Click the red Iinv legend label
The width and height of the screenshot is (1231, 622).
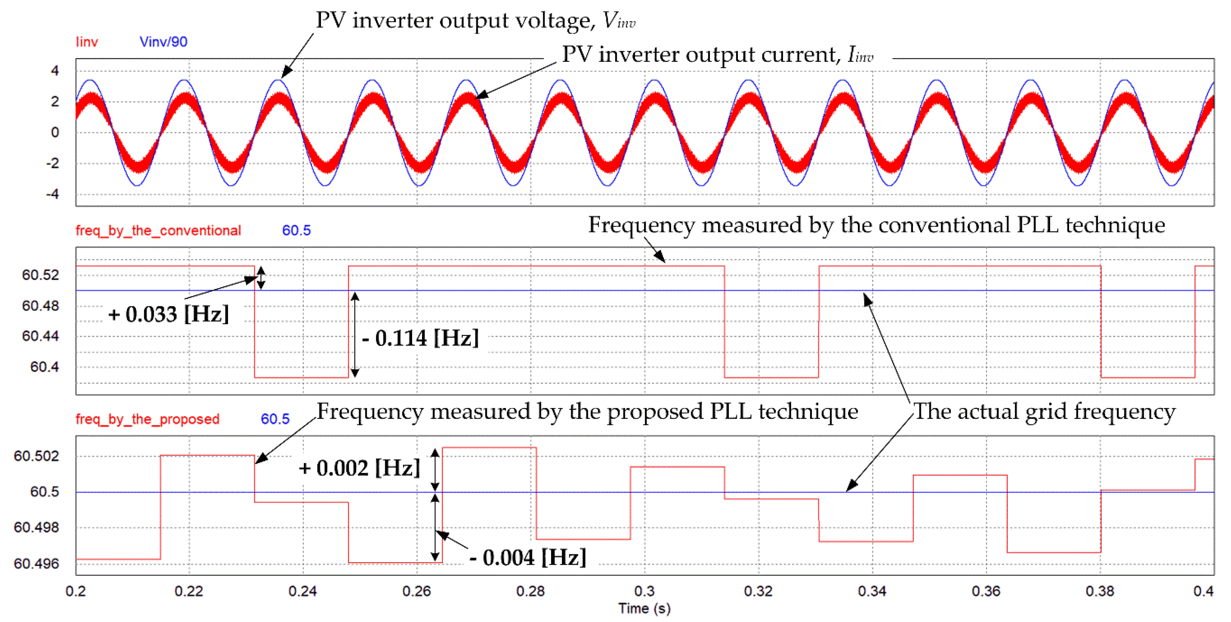[x=86, y=42]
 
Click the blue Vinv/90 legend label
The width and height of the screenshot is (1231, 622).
[x=163, y=42]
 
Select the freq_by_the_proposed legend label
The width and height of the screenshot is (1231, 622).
[x=147, y=419]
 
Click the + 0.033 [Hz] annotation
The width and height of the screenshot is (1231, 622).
[x=168, y=314]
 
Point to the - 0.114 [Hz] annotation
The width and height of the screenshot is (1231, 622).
[x=420, y=338]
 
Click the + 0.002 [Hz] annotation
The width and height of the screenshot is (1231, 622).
[x=359, y=468]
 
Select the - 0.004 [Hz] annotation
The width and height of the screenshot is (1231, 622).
[x=527, y=557]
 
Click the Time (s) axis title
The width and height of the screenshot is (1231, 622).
[x=644, y=609]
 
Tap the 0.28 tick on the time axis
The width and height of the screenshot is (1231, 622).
[x=530, y=591]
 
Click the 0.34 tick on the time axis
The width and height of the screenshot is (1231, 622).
[x=872, y=591]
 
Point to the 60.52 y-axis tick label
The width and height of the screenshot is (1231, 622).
[x=40, y=275]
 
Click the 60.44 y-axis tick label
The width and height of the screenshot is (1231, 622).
[x=40, y=336]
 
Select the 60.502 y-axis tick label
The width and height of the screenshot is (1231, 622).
[x=36, y=456]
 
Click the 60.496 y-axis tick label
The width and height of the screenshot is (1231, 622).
[x=36, y=564]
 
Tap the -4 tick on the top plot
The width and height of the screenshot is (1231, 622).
[x=53, y=194]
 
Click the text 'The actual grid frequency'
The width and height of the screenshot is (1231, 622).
[x=1044, y=411]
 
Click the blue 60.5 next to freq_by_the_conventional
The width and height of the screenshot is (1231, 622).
[x=296, y=231]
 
